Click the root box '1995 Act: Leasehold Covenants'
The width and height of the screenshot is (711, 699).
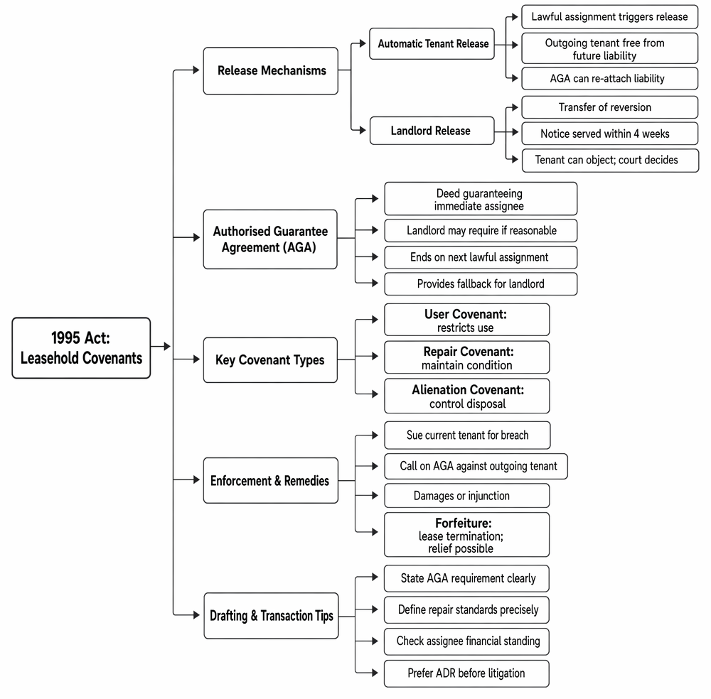coord(81,348)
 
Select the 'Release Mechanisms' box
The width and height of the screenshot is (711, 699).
coord(271,70)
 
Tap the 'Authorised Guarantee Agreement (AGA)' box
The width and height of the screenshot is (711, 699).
coord(270,239)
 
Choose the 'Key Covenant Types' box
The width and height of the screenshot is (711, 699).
coord(270,359)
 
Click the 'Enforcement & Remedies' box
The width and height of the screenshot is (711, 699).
coord(271,480)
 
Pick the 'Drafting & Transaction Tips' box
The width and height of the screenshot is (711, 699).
coord(271,616)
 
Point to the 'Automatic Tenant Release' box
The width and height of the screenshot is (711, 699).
coord(432,43)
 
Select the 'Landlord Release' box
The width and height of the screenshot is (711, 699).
coord(432,131)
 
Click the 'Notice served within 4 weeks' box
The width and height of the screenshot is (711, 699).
coord(610,133)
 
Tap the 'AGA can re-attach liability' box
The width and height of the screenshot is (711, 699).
coord(610,78)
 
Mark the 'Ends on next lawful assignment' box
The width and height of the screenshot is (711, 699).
coord(481,257)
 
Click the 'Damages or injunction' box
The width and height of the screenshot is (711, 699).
coord(467,496)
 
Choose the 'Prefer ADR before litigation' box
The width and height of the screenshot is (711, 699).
coord(466,673)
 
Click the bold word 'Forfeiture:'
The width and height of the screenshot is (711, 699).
coord(464,524)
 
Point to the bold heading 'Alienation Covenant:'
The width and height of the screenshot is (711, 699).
coord(468,390)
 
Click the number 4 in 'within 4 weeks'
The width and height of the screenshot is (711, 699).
coord(636,134)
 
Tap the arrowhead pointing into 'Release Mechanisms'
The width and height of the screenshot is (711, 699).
coord(196,70)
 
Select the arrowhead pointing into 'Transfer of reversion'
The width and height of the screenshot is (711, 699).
coord(515,107)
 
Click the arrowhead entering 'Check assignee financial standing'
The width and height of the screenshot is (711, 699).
coord(375,641)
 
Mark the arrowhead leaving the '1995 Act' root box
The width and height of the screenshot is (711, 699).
coord(167,347)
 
